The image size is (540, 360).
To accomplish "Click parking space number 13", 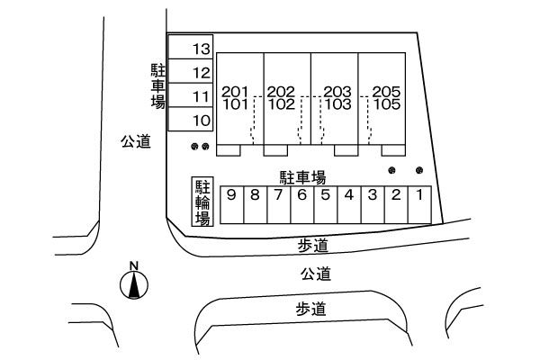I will tap(193, 48).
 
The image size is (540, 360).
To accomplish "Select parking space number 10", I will tap(193, 119).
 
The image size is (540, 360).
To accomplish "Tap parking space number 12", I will tap(193, 72).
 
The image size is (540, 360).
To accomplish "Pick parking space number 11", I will tap(193, 95).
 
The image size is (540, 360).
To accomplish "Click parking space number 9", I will tap(232, 203).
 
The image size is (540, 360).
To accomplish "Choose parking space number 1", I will tap(418, 203).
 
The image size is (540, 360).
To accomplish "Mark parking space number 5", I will tap(325, 203).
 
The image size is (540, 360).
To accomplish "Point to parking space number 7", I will tap(278, 203).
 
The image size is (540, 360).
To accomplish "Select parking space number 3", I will tap(372, 203).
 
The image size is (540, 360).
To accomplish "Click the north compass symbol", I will tap(134, 283).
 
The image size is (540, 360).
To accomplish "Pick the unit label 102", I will tap(281, 103).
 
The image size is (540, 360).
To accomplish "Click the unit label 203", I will tap(337, 92).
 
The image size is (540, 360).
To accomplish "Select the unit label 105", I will tap(386, 103).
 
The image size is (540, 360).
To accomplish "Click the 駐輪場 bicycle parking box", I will tap(202, 202).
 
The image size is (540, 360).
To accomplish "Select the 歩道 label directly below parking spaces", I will tap(315, 244).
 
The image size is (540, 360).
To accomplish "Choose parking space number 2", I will tap(395, 203).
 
